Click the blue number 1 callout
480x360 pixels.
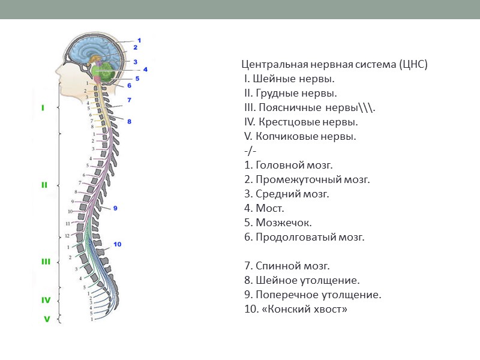point(139,40)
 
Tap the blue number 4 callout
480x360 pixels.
point(145,69)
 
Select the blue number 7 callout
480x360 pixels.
point(128,100)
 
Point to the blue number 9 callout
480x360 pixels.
point(115,208)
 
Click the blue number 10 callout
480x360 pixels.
point(118,244)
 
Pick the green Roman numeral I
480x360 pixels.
point(43,109)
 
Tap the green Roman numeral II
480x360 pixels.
point(44,185)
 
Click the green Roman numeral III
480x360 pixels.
point(46,262)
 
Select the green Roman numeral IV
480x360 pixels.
point(46,300)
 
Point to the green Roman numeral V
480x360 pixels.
point(46,319)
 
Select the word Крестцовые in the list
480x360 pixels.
point(287,122)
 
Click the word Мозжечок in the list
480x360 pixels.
point(284,223)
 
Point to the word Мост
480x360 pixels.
point(270,208)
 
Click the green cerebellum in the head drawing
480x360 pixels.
point(109,71)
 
